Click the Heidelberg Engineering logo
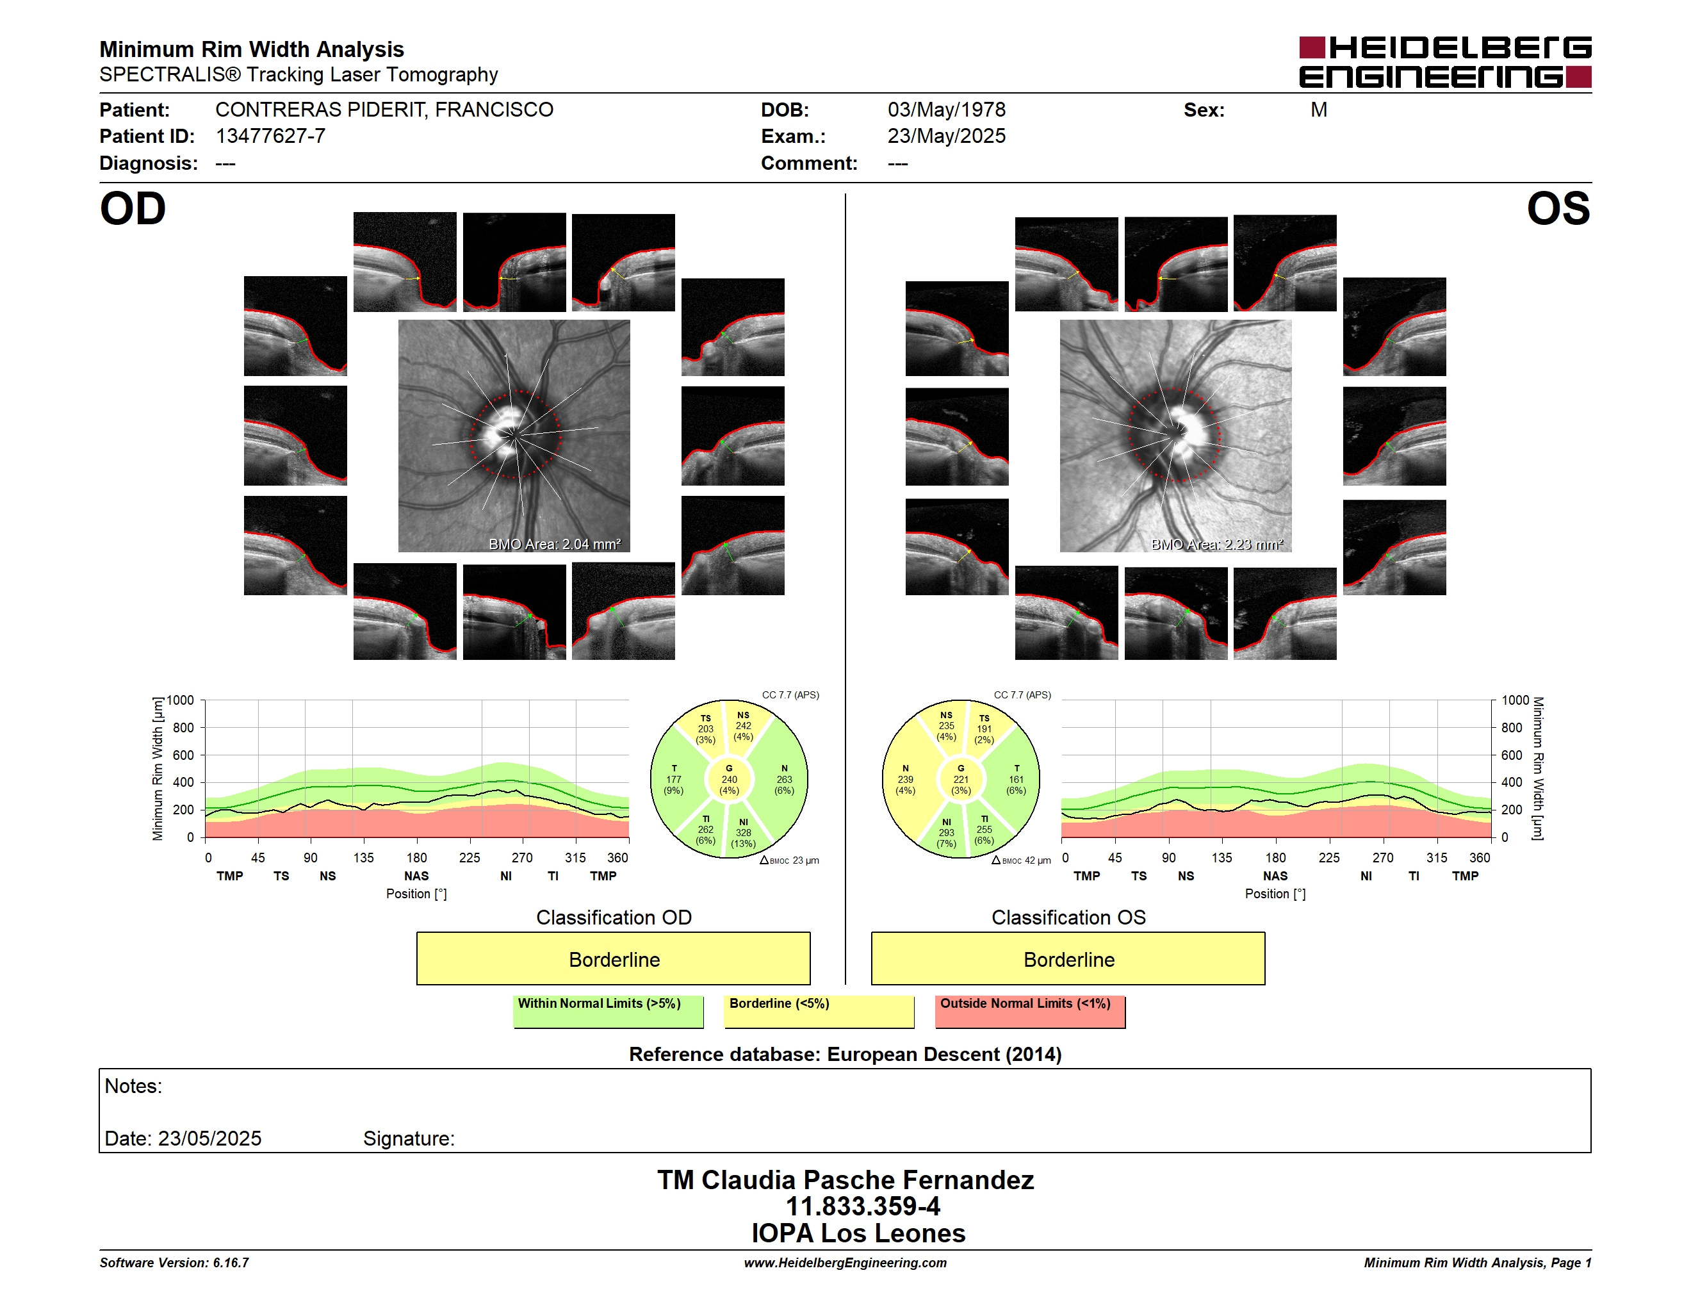[1445, 62]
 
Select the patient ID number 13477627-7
[270, 136]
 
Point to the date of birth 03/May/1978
[946, 110]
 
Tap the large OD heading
[133, 209]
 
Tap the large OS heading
[1558, 209]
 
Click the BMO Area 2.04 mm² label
[554, 545]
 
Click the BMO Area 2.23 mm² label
[1217, 545]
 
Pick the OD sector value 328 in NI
[743, 833]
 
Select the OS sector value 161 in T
[1016, 780]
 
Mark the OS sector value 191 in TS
[984, 728]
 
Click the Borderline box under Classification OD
[613, 958]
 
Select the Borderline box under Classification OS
[1068, 958]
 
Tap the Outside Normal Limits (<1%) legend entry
[1030, 1011]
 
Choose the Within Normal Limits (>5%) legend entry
[608, 1011]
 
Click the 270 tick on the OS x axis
[1383, 858]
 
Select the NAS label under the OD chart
[416, 876]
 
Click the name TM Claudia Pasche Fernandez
[845, 1180]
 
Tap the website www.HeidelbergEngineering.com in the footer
[845, 1263]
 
